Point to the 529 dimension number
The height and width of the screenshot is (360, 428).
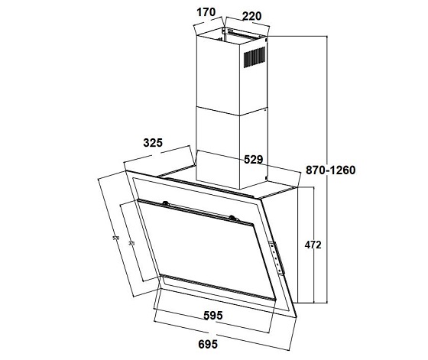[253, 160]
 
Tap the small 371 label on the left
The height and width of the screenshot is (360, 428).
[131, 243]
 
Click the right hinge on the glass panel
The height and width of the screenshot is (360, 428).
[232, 219]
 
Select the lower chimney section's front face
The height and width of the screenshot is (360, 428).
[220, 149]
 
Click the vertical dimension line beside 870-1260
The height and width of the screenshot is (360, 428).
[326, 168]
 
